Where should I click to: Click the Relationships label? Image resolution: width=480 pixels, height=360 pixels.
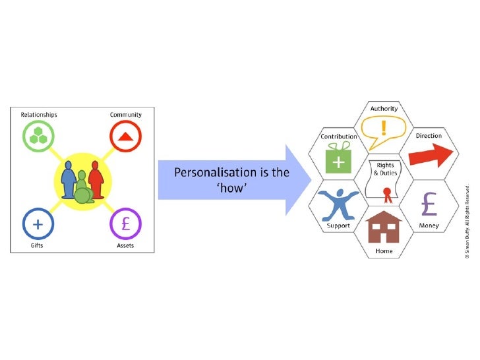click(39, 115)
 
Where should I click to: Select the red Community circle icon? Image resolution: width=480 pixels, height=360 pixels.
click(125, 138)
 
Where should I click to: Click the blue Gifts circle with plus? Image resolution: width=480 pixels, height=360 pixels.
click(38, 224)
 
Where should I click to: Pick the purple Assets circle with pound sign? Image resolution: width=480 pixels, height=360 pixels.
click(125, 224)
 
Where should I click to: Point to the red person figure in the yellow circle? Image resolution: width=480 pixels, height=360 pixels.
click(96, 181)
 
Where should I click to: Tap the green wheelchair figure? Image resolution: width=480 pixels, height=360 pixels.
click(82, 190)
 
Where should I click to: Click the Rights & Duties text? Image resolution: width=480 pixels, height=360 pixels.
click(385, 169)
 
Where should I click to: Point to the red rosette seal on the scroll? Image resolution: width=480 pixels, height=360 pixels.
click(388, 193)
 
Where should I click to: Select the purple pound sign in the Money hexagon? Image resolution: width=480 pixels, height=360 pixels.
click(430, 204)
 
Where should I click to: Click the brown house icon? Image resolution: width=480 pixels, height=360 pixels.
click(384, 227)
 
